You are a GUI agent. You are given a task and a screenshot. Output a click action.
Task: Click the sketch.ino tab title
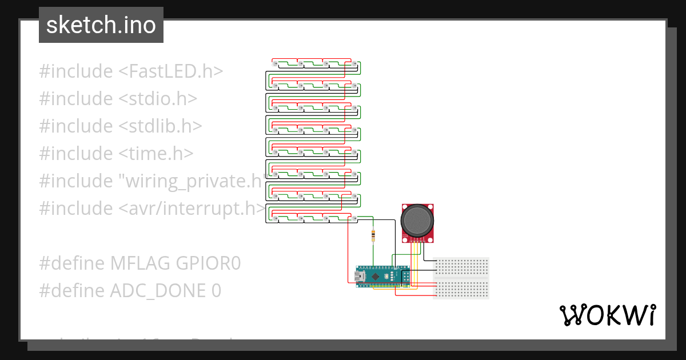[x=101, y=25]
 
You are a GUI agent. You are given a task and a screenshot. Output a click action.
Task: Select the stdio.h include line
[x=118, y=99]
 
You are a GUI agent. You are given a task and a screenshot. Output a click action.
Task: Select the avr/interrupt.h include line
[x=152, y=209]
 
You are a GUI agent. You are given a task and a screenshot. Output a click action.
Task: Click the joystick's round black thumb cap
[x=418, y=220]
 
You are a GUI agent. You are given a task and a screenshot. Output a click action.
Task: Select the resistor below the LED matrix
[x=373, y=235]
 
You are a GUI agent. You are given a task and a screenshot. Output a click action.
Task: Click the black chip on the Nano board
[x=375, y=277]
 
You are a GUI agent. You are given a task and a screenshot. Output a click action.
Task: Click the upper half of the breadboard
[x=462, y=266]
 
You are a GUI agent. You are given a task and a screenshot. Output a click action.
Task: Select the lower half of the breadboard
[x=462, y=289]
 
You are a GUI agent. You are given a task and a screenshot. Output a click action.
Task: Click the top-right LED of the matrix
[x=354, y=63]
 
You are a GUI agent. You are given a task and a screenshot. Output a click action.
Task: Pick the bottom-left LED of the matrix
[x=276, y=219]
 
